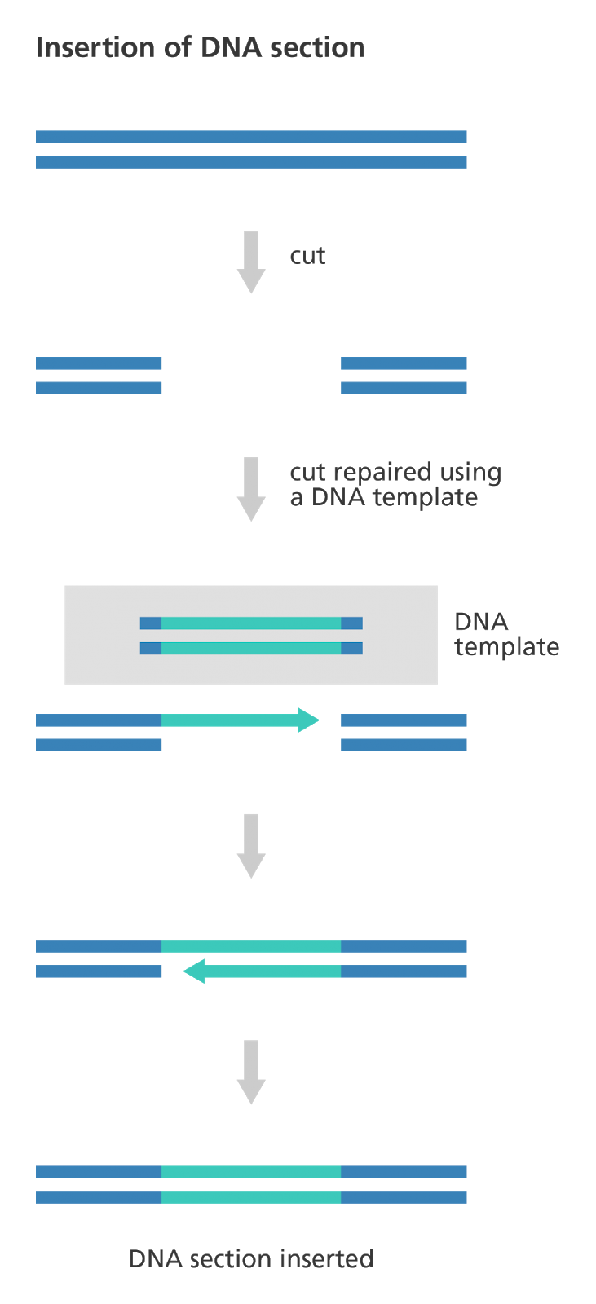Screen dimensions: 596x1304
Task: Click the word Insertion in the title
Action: point(91,47)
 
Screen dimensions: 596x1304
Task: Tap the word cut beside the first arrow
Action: point(307,256)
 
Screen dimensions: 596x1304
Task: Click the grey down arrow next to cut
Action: point(251,261)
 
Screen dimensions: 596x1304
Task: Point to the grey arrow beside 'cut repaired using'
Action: point(251,487)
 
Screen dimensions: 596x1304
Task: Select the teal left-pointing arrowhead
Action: point(195,971)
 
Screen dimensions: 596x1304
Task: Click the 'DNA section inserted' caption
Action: point(251,1258)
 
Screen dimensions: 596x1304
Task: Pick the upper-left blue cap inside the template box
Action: point(151,623)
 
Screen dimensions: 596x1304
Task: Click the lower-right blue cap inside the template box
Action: point(351,649)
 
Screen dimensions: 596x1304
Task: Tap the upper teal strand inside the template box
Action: point(251,623)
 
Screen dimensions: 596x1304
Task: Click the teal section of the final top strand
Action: point(251,1172)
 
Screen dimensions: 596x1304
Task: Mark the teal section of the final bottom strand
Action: point(251,1197)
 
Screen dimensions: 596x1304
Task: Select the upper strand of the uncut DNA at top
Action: point(251,137)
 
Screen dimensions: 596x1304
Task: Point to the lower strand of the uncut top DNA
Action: point(251,162)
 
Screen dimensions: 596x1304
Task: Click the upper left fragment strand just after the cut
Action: point(99,363)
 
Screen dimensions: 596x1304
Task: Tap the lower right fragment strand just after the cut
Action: point(404,388)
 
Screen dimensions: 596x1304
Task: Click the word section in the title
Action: point(318,47)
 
